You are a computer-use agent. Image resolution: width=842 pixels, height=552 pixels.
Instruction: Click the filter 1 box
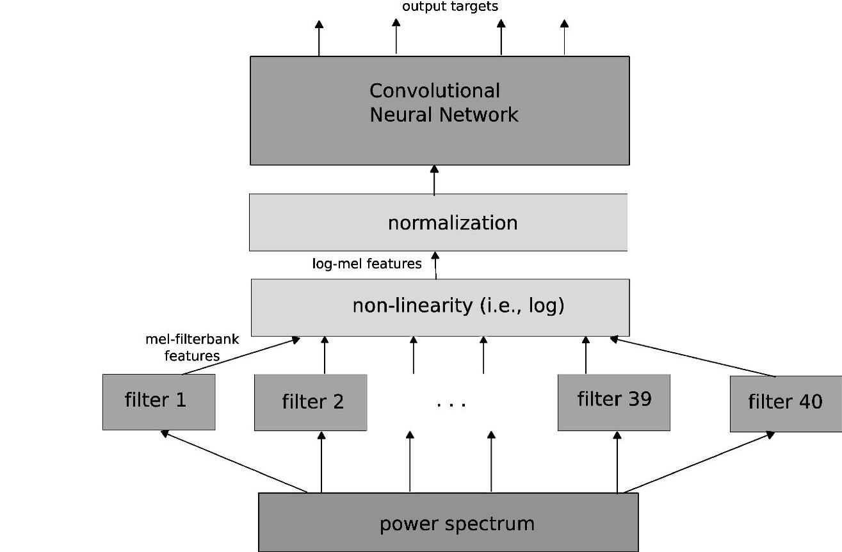[x=159, y=402]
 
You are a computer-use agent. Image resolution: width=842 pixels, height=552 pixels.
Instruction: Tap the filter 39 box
[x=613, y=402]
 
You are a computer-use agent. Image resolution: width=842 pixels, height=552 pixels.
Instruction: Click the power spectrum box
[x=448, y=523]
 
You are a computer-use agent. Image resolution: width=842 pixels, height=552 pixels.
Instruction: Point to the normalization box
[x=439, y=222]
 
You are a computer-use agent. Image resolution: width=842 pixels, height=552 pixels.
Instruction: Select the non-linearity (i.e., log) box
[x=440, y=307]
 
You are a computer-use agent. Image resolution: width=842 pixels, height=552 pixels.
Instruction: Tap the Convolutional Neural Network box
[x=439, y=110]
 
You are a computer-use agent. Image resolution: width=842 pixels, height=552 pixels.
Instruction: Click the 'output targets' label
[x=449, y=7]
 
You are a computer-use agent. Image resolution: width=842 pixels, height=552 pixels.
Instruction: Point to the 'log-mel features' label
[x=367, y=263]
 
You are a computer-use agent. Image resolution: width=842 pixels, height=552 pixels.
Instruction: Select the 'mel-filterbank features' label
[x=192, y=347]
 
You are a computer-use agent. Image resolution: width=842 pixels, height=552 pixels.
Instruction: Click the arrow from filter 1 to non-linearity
[x=242, y=356]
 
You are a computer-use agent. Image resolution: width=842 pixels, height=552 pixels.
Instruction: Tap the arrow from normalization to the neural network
[x=434, y=180]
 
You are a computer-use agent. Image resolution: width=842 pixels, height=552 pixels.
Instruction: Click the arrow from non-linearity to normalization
[x=435, y=266]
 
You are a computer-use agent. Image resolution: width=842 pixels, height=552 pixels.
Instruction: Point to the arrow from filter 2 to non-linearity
[x=325, y=355]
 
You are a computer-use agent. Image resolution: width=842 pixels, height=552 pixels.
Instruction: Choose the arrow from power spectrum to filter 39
[x=617, y=462]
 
